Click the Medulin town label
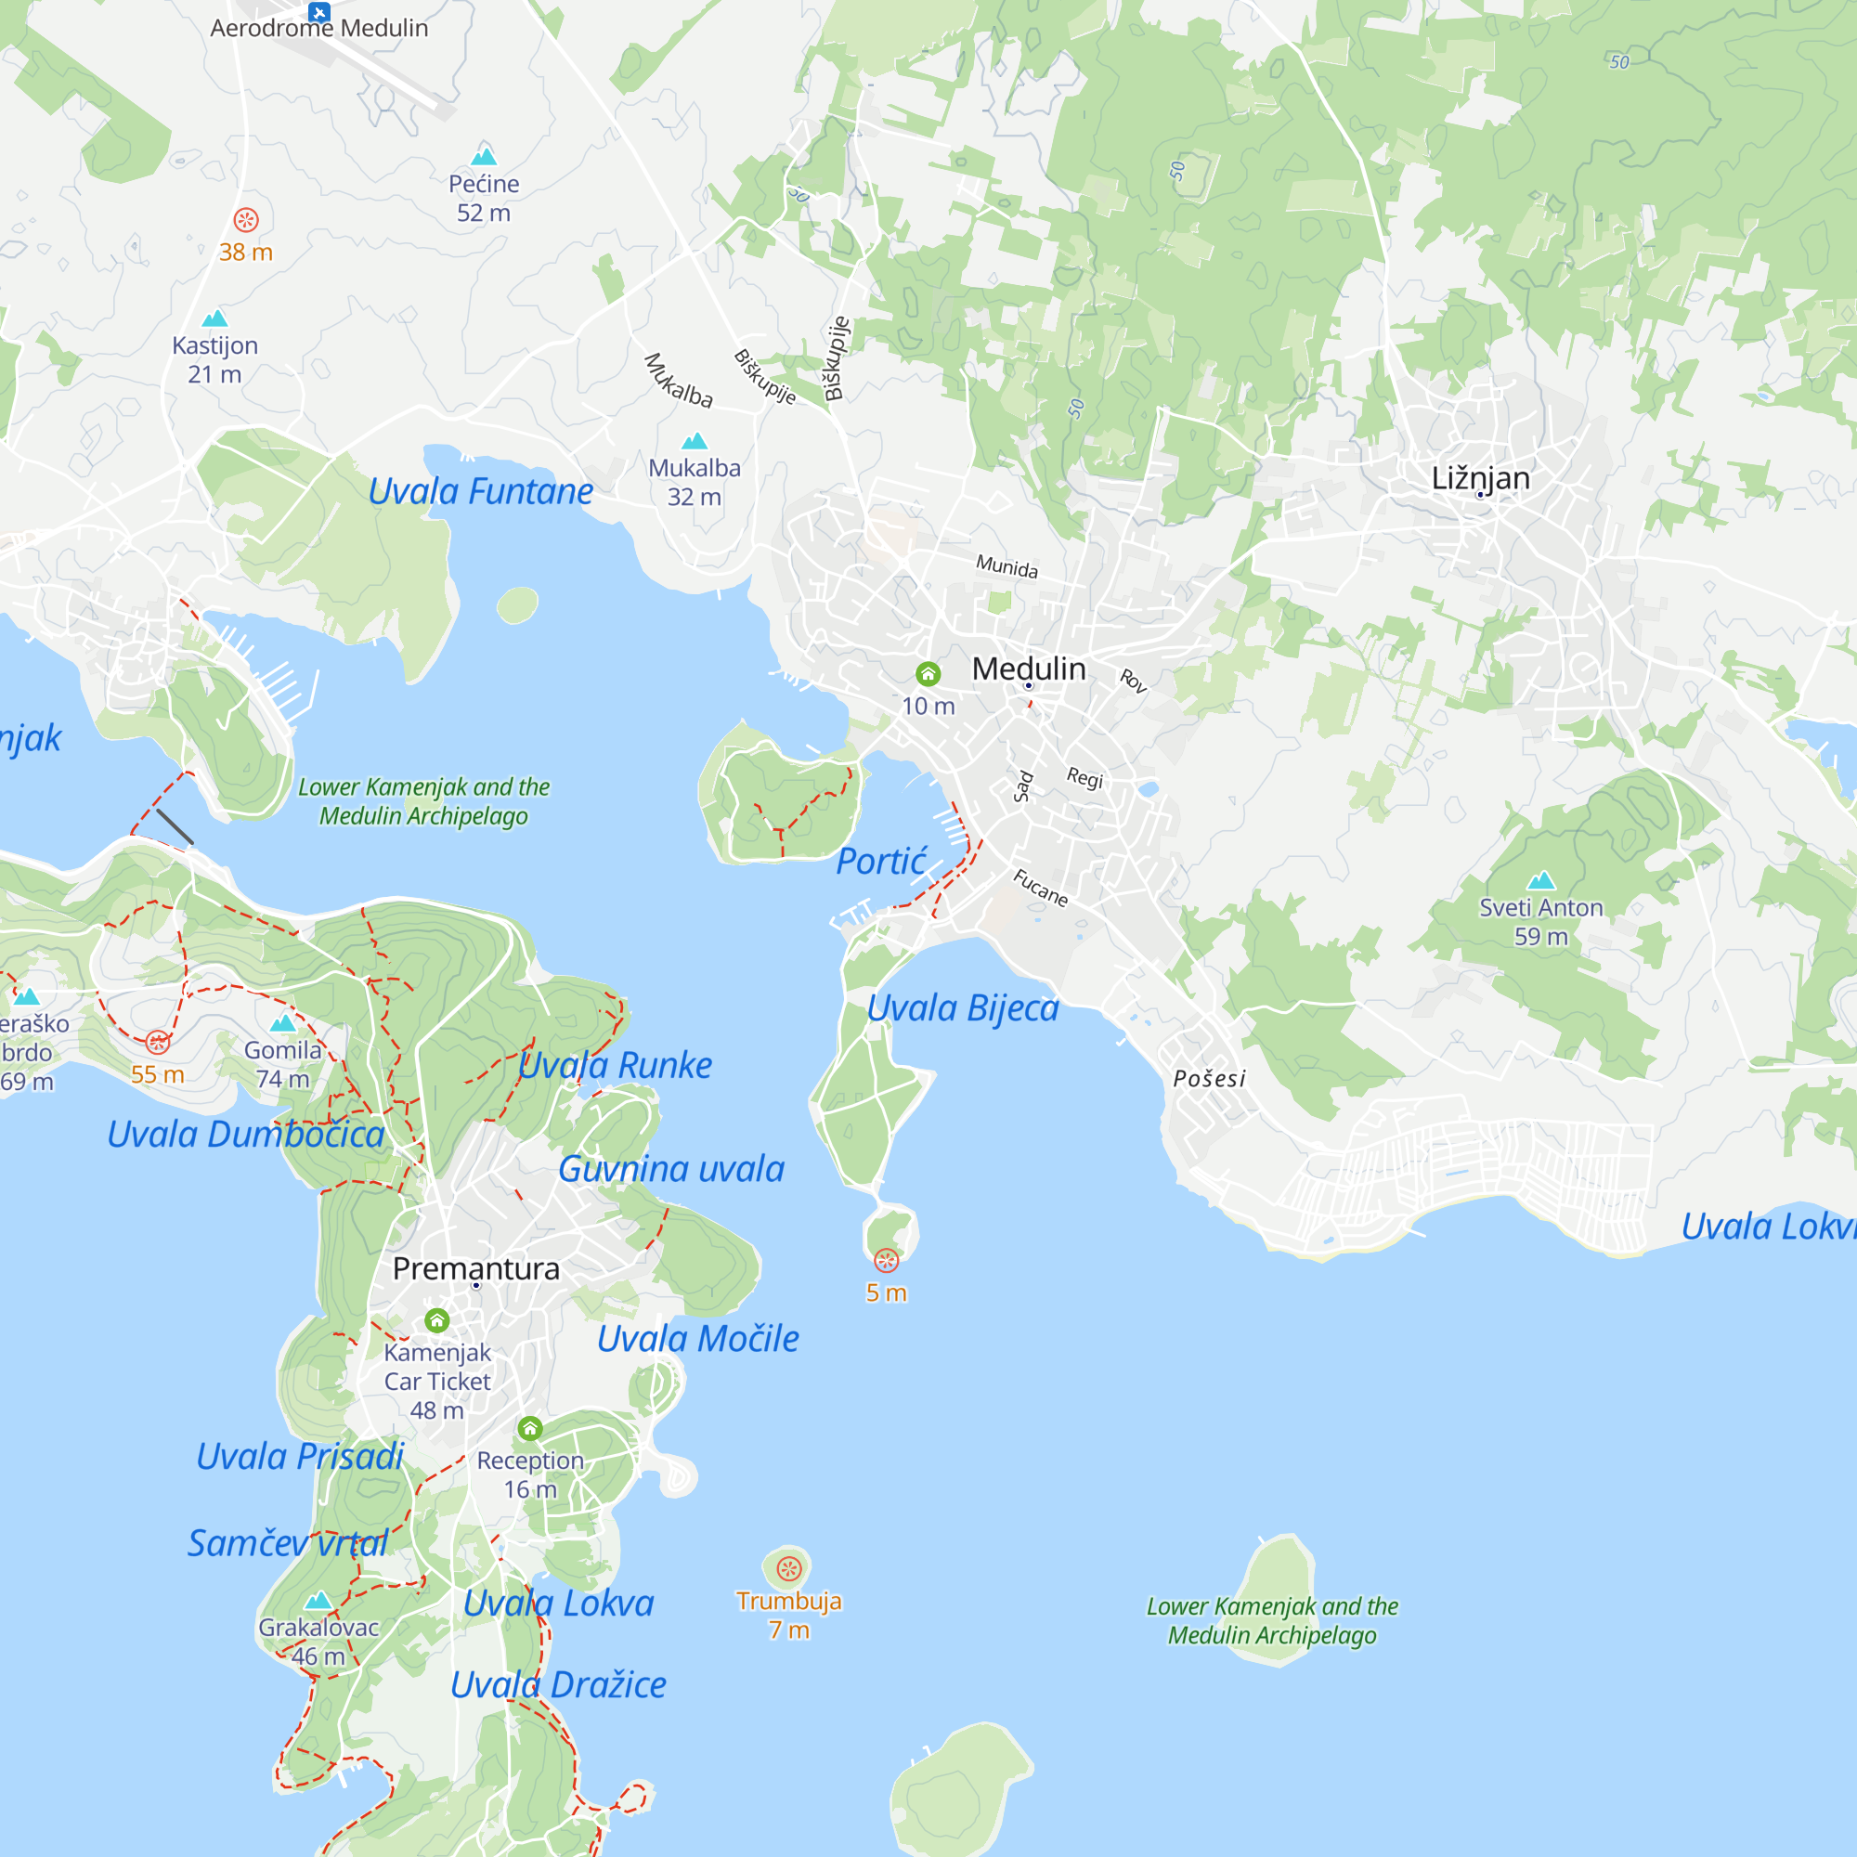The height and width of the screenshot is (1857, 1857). [x=1029, y=669]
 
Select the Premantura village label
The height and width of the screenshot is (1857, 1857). [x=475, y=1268]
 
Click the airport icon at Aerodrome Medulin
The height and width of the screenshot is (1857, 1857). [x=319, y=11]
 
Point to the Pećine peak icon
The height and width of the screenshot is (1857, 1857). [x=484, y=156]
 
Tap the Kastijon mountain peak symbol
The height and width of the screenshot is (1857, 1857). [x=214, y=318]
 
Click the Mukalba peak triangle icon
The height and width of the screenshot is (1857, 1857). [x=694, y=441]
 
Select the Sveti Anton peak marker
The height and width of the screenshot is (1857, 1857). [x=1540, y=880]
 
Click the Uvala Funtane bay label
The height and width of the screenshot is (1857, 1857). [x=481, y=492]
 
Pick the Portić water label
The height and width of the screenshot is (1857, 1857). [x=880, y=863]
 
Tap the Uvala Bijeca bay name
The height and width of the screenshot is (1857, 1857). [x=962, y=1008]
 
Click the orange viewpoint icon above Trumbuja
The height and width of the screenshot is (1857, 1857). [x=788, y=1568]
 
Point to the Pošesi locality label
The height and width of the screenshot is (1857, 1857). [x=1209, y=1078]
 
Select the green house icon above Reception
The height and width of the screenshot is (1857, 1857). [x=529, y=1428]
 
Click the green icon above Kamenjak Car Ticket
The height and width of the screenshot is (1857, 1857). [x=437, y=1320]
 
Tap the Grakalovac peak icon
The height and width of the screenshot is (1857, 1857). [x=318, y=1602]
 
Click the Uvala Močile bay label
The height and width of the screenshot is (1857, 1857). [x=698, y=1339]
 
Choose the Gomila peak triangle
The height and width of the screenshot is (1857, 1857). [x=282, y=1023]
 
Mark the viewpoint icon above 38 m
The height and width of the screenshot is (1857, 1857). [x=246, y=220]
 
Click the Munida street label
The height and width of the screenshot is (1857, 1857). [x=1006, y=566]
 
